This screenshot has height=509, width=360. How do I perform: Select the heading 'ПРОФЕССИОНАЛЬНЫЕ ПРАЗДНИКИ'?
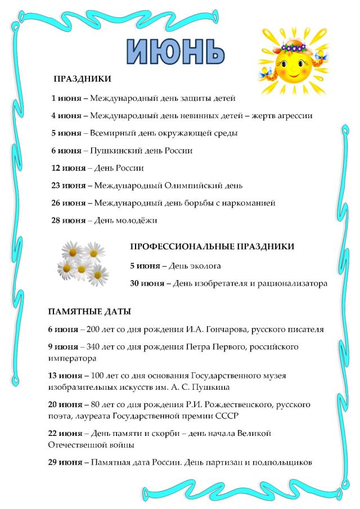[x=212, y=247]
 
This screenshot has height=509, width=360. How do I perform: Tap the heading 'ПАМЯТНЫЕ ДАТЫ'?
[x=89, y=311]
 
